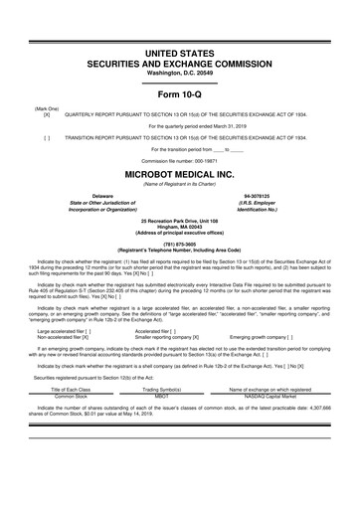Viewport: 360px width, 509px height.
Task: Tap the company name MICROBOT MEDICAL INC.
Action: pyautogui.click(x=180, y=172)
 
